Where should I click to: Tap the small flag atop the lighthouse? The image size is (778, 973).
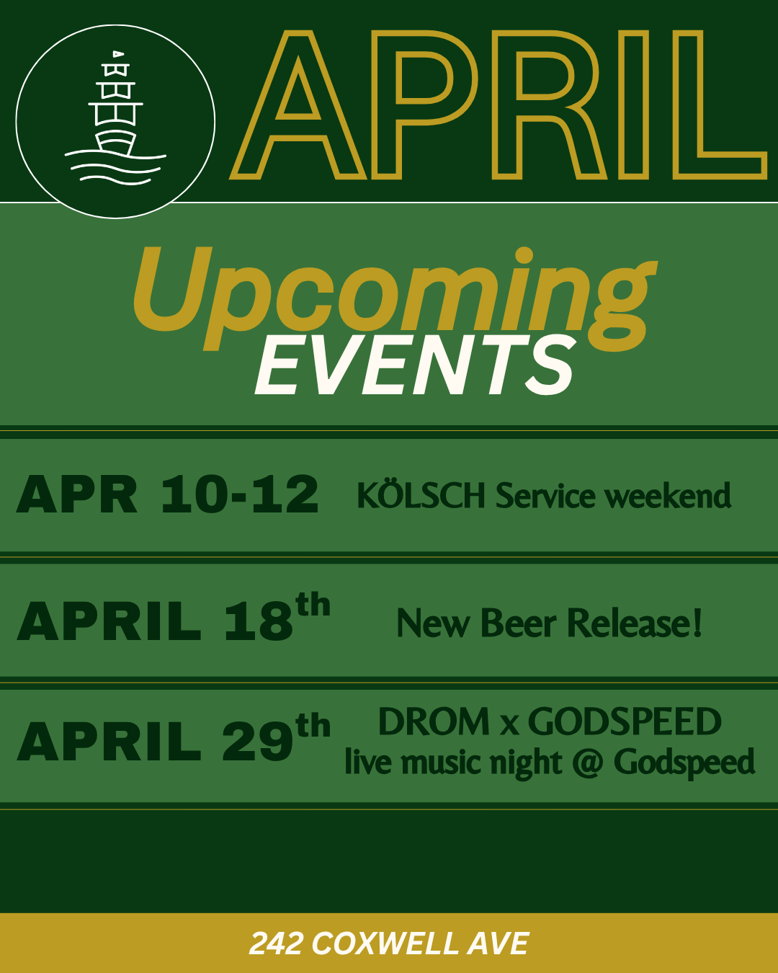[117, 53]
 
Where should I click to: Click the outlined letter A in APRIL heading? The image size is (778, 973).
[298, 105]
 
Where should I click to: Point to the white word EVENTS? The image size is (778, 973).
[416, 365]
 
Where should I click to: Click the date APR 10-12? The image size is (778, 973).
[167, 495]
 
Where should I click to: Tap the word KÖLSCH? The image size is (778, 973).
[421, 495]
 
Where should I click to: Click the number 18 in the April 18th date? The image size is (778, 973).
[258, 621]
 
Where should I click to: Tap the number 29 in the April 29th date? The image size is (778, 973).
[256, 742]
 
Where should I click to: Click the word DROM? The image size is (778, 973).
[434, 721]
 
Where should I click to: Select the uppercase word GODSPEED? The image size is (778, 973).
[625, 721]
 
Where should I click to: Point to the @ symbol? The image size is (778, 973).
[587, 763]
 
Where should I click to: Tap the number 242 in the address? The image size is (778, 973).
[275, 943]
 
